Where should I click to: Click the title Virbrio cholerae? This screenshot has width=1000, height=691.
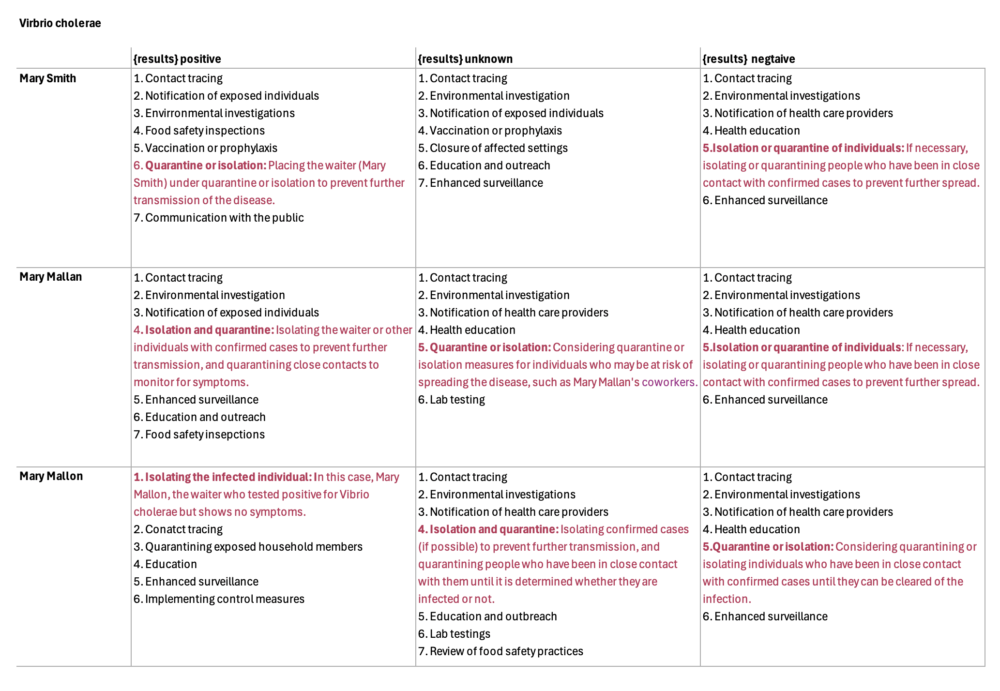pyautogui.click(x=60, y=23)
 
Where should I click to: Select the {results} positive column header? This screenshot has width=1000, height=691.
pyautogui.click(x=177, y=59)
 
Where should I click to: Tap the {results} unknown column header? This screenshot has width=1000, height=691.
pyautogui.click(x=465, y=59)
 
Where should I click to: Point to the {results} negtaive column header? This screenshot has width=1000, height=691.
pyautogui.click(x=748, y=59)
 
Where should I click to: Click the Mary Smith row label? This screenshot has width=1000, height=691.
pyautogui.click(x=47, y=78)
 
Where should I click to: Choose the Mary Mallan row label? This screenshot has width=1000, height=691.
pyautogui.click(x=50, y=277)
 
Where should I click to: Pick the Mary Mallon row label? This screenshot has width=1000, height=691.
pyautogui.click(x=51, y=476)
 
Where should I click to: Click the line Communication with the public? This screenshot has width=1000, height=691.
pyautogui.click(x=219, y=218)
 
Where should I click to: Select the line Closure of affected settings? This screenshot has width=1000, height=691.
pyautogui.click(x=493, y=148)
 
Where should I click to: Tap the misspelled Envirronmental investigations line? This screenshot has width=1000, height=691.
pyautogui.click(x=214, y=113)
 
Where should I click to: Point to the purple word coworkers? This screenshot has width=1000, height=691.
pyautogui.click(x=669, y=382)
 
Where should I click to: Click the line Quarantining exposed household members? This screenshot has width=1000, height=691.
pyautogui.click(x=248, y=547)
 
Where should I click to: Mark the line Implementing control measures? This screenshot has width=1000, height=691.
pyautogui.click(x=219, y=599)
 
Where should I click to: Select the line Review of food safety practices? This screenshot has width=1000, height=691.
pyautogui.click(x=500, y=651)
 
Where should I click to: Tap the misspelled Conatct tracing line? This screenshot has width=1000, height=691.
pyautogui.click(x=178, y=529)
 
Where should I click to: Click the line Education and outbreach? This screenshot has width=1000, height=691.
pyautogui.click(x=487, y=616)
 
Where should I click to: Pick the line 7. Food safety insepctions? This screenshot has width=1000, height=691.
pyautogui.click(x=199, y=435)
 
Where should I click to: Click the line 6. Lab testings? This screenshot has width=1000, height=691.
pyautogui.click(x=454, y=634)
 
